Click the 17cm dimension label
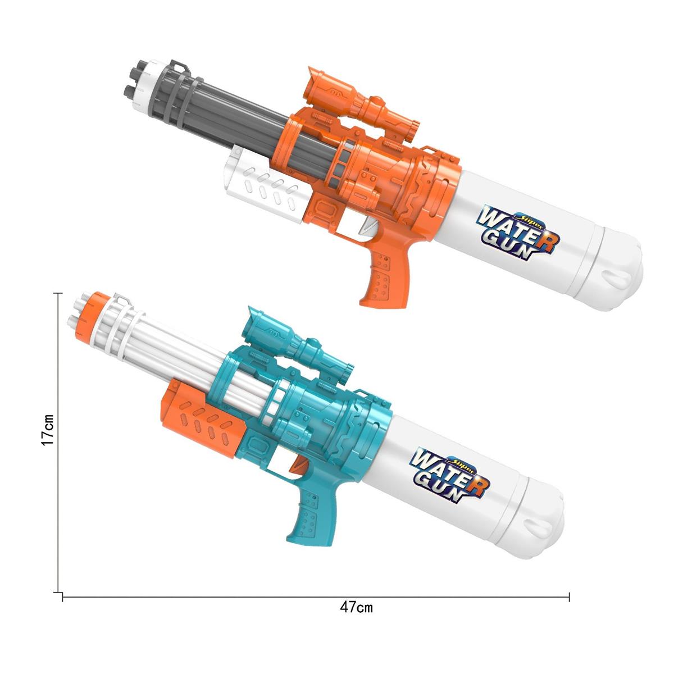pos(47,430)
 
